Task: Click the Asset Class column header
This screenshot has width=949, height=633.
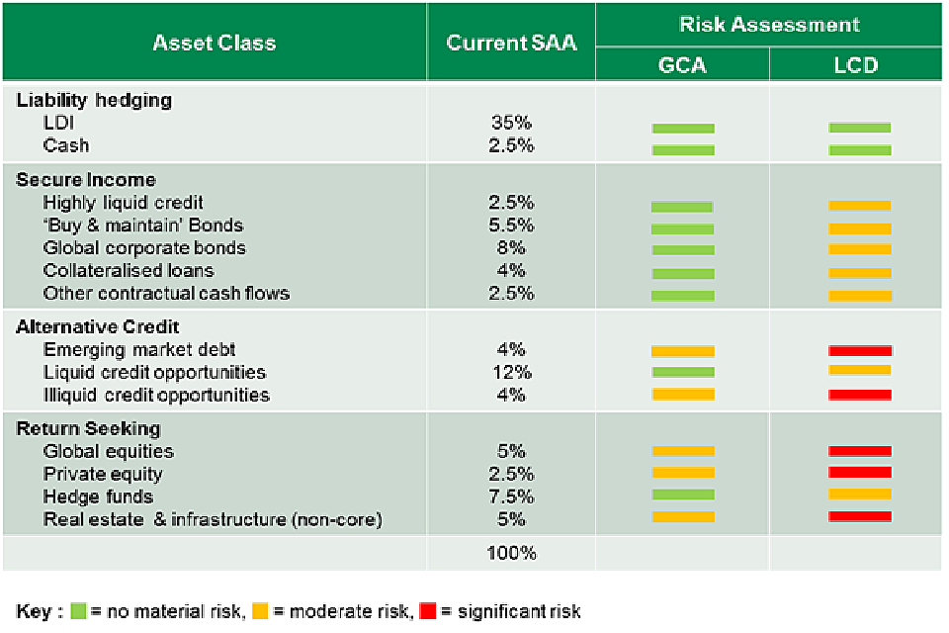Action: (215, 43)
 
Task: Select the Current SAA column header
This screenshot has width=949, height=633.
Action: (511, 43)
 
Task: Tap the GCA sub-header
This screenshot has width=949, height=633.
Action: (682, 66)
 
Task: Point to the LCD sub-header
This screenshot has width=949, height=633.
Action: (856, 66)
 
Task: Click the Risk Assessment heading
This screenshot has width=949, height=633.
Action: (769, 25)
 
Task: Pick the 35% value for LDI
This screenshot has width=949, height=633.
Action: (511, 123)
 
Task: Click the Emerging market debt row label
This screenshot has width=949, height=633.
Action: (139, 349)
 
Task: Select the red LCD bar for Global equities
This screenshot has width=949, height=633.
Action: (860, 451)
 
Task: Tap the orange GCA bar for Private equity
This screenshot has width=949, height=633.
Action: (683, 473)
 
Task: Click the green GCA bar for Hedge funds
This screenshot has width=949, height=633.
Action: (683, 495)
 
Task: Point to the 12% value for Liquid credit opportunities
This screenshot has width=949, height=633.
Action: (511, 372)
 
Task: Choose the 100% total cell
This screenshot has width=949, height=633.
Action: (511, 553)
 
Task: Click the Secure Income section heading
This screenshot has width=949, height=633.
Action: (86, 179)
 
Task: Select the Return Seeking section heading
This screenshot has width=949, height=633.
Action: (88, 428)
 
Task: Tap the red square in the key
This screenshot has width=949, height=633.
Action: (428, 610)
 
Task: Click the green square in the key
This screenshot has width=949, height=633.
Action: (79, 610)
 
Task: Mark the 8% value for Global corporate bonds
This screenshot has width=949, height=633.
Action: (511, 247)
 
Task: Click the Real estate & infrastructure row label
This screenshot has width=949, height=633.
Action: (213, 519)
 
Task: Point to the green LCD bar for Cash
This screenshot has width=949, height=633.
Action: (860, 150)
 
